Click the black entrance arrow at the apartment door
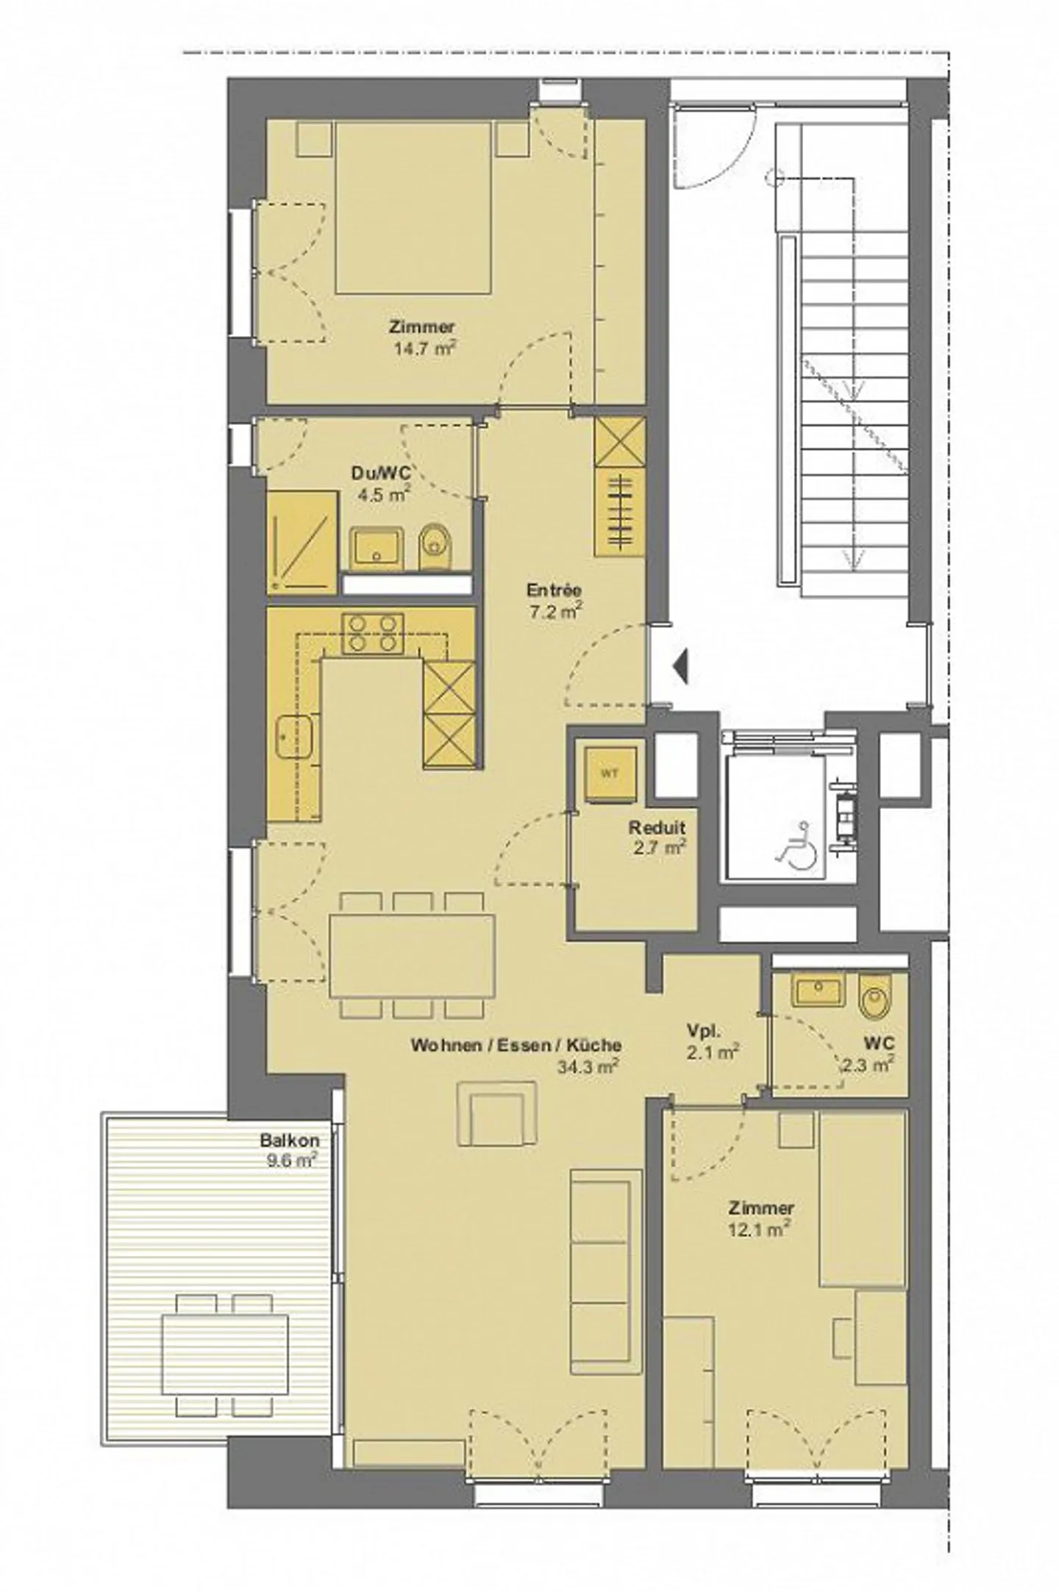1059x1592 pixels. [x=681, y=667]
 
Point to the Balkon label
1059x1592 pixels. [x=289, y=1141]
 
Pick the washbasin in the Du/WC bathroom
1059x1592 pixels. [x=375, y=549]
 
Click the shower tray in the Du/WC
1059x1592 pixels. [x=302, y=542]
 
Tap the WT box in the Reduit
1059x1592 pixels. [x=608, y=774]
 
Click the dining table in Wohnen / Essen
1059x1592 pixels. [x=412, y=954]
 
